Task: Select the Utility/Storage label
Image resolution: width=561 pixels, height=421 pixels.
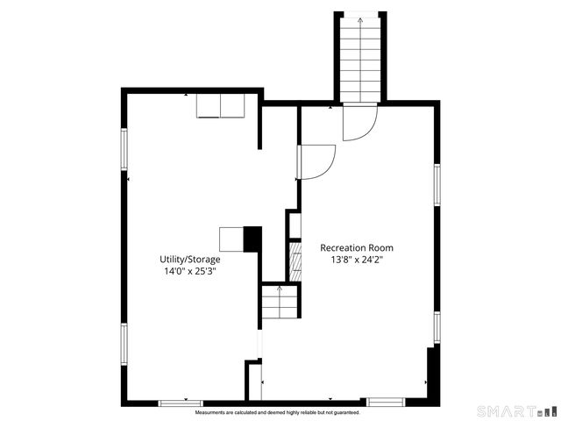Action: click(189, 260)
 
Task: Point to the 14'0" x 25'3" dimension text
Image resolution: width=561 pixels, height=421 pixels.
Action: click(189, 272)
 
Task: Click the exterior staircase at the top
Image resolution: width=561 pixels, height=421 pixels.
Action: click(359, 57)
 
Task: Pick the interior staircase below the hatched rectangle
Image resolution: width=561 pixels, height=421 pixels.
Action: click(280, 303)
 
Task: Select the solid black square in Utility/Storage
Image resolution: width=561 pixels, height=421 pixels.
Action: click(252, 239)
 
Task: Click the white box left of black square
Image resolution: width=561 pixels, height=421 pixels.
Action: click(231, 239)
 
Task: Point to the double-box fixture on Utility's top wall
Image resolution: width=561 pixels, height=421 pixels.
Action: click(221, 105)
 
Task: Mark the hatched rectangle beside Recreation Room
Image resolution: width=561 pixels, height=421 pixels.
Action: click(295, 261)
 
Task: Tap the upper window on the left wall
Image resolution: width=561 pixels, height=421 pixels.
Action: click(124, 149)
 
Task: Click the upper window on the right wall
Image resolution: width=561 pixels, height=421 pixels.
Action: click(437, 184)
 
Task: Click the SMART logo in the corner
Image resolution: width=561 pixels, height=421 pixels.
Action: click(516, 410)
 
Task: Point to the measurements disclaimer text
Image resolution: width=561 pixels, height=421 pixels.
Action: click(277, 411)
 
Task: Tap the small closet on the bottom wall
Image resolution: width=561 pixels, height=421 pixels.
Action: click(254, 382)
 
